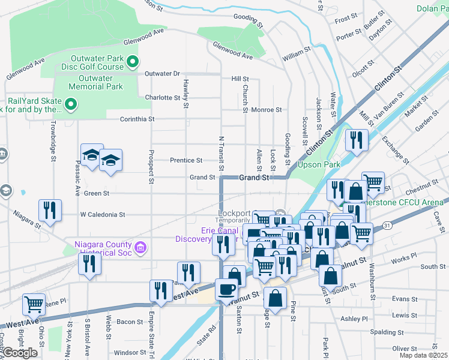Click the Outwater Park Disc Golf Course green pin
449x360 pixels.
[134, 61]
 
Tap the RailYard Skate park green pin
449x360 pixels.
[71, 105]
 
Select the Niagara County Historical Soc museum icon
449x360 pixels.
[140, 247]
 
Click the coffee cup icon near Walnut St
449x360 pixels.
[226, 289]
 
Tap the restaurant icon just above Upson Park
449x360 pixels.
[357, 141]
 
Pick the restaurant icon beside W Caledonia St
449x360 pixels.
[49, 210]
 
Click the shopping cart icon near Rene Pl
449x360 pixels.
[34, 304]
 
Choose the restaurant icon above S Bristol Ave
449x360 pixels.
[89, 264]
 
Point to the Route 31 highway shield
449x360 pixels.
[388, 225]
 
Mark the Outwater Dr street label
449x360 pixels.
[162, 74]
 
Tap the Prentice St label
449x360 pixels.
[185, 160]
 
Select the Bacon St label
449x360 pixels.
[130, 322]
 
